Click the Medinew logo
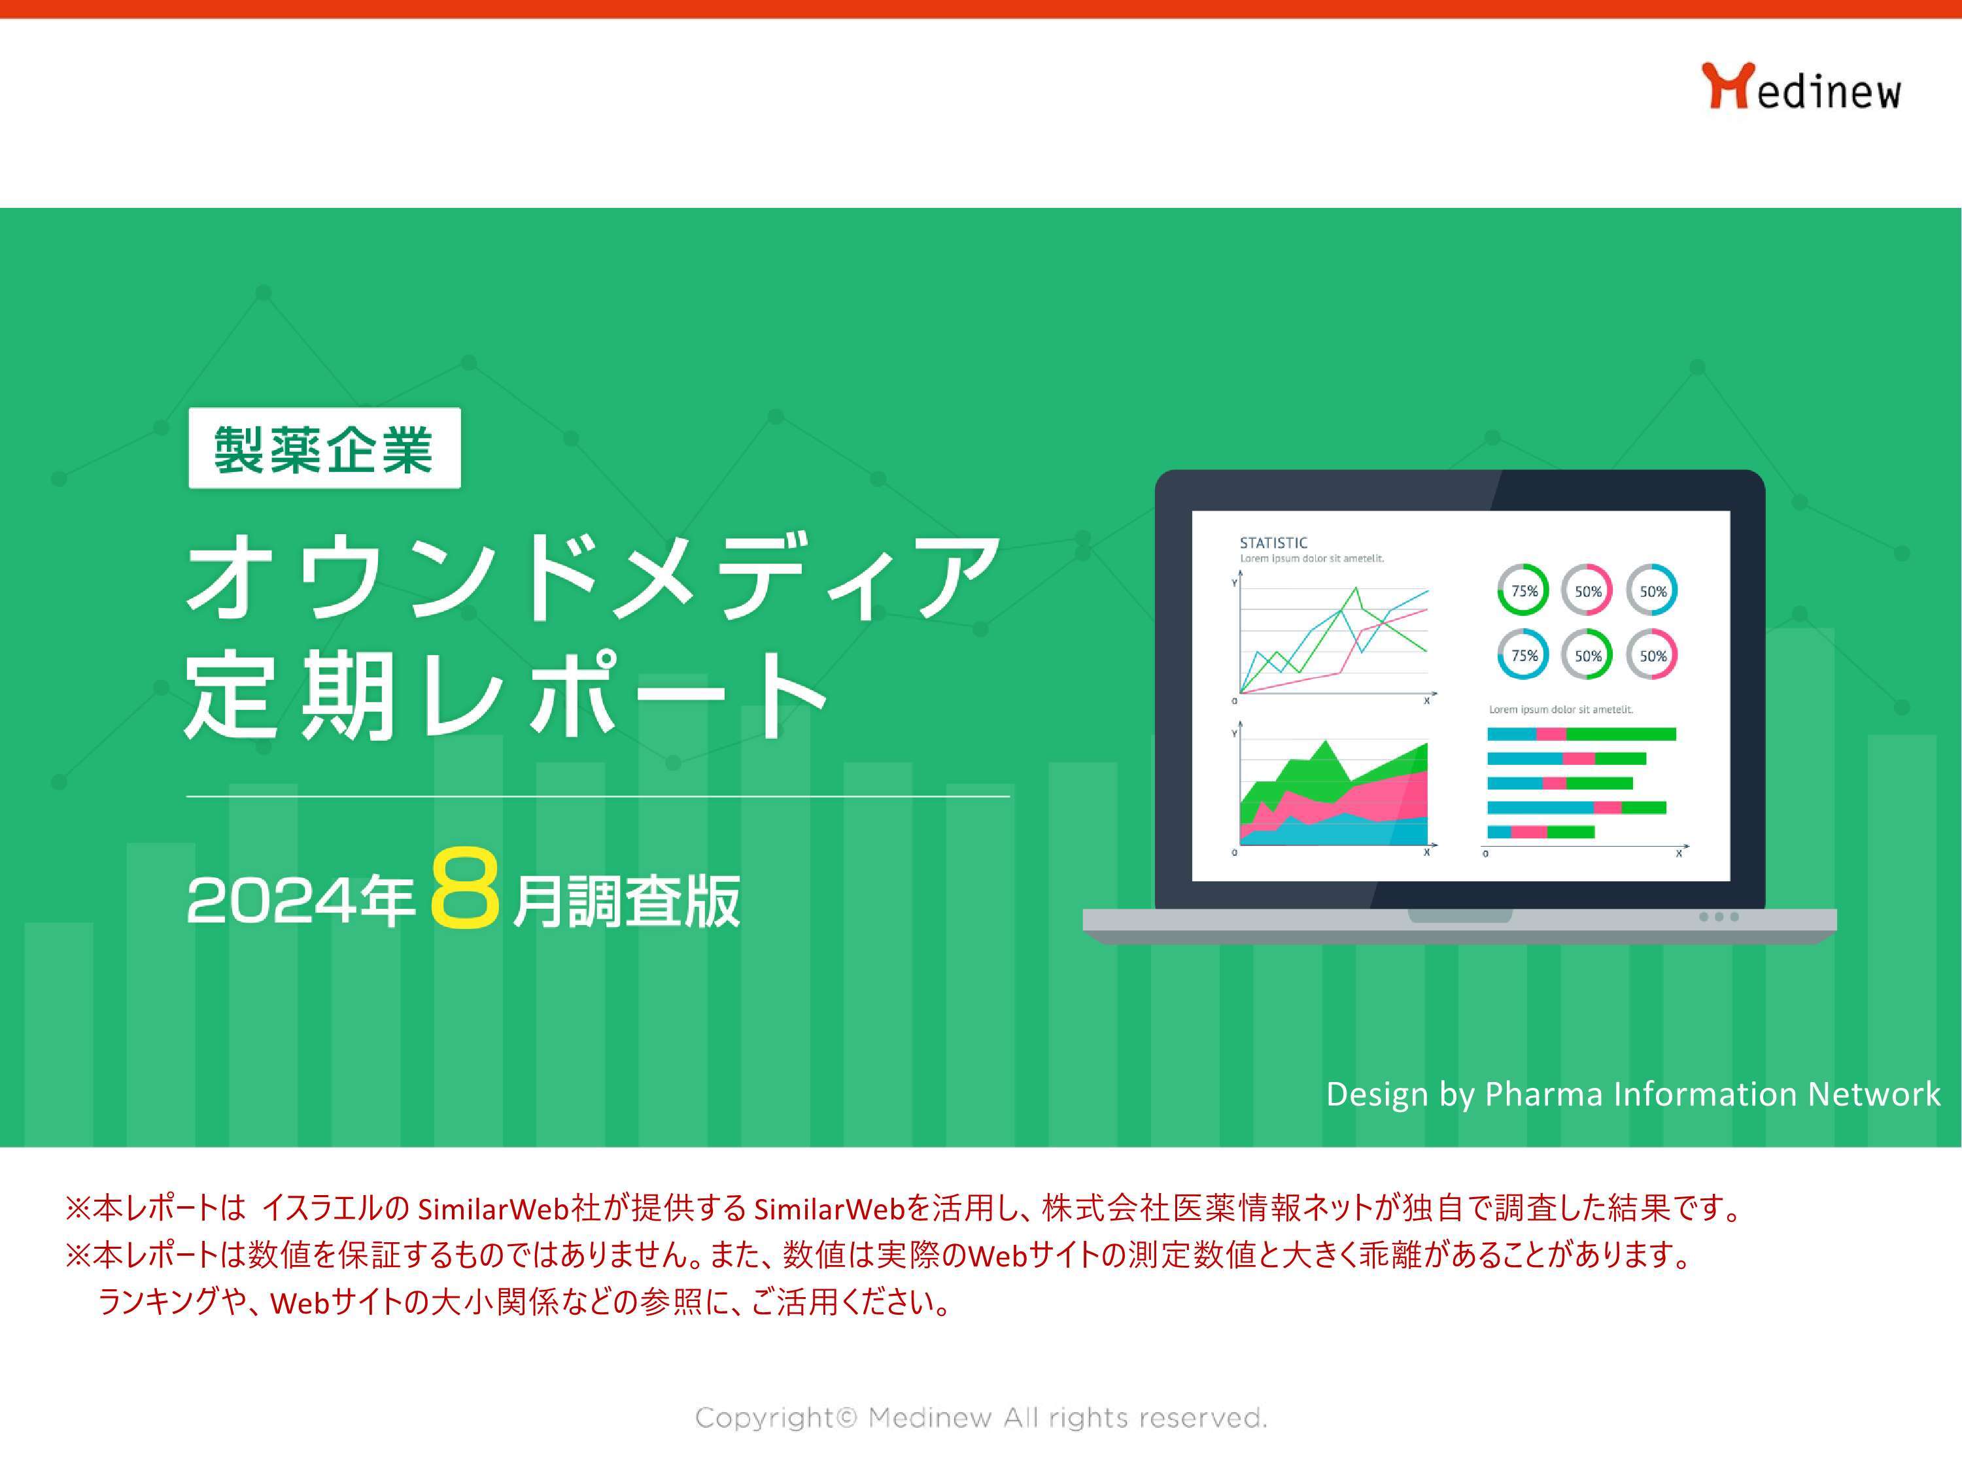pyautogui.click(x=1800, y=87)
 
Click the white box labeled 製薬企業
pyautogui.click(x=324, y=448)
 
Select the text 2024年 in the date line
pyautogui.click(x=300, y=901)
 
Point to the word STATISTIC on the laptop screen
pyautogui.click(x=1273, y=543)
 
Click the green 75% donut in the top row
pyautogui.click(x=1524, y=590)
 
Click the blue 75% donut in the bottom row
pyautogui.click(x=1524, y=655)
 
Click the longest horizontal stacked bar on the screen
pyautogui.click(x=1581, y=734)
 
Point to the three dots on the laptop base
pyautogui.click(x=1718, y=917)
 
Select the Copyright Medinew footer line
pyautogui.click(x=980, y=1418)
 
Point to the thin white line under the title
pyautogui.click(x=597, y=796)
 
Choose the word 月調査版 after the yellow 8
pyautogui.click(x=625, y=903)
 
